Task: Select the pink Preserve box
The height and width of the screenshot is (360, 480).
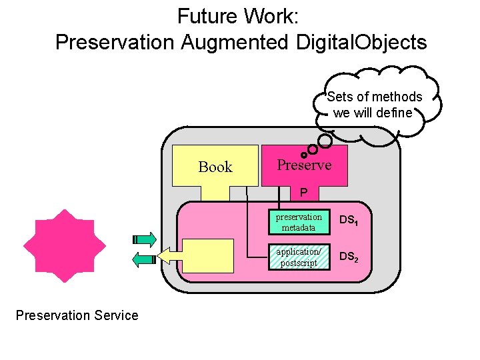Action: click(x=304, y=165)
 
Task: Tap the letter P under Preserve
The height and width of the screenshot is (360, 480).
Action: click(x=303, y=193)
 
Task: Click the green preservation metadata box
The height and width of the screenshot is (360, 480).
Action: click(x=298, y=222)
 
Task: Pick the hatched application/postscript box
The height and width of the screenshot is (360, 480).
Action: click(x=298, y=257)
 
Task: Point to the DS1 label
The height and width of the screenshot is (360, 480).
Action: click(x=349, y=221)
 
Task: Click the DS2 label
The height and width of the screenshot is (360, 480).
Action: click(x=349, y=257)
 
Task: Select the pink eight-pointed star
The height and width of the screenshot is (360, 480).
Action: click(x=65, y=246)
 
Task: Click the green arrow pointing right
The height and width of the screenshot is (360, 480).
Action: click(x=144, y=239)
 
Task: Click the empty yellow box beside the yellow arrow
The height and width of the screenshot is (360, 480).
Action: click(x=207, y=256)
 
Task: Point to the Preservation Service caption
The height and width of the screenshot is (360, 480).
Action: click(x=77, y=315)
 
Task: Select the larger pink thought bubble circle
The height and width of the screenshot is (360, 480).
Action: click(x=325, y=141)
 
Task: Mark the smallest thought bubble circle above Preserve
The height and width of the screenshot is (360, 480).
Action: click(x=304, y=155)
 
